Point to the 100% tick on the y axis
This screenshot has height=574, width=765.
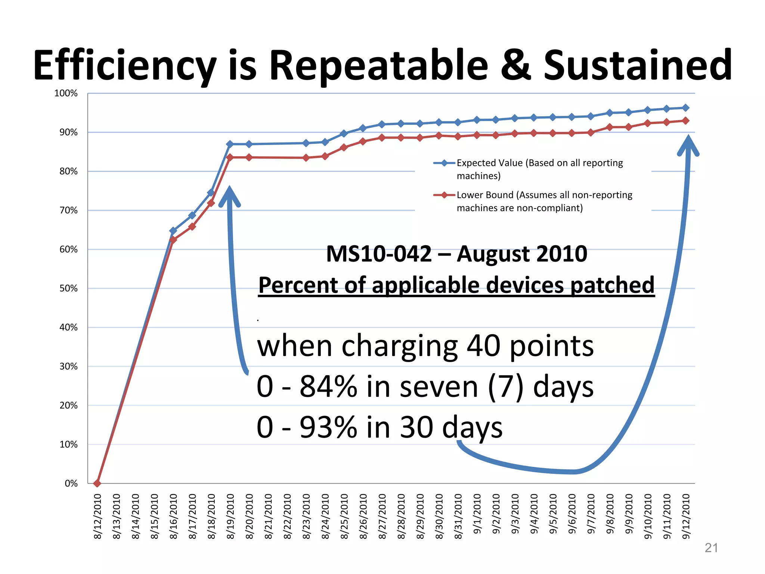[66, 93]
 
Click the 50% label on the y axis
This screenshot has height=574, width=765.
[68, 288]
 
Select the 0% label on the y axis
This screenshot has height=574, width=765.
[71, 484]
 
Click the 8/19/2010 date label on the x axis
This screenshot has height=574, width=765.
[230, 516]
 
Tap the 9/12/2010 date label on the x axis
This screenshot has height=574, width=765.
[686, 516]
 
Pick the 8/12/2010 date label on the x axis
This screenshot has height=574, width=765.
[97, 516]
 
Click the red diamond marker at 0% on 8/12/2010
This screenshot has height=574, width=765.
[97, 483]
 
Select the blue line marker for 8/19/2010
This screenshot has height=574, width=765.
[230, 144]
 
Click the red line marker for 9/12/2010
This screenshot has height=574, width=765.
[685, 121]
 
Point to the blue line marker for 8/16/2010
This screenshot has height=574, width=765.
[173, 231]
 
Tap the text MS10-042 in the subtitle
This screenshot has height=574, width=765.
[378, 254]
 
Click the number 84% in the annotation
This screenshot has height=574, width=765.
[328, 387]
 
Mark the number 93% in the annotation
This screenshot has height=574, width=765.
[328, 428]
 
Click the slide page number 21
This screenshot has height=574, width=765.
[711, 548]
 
